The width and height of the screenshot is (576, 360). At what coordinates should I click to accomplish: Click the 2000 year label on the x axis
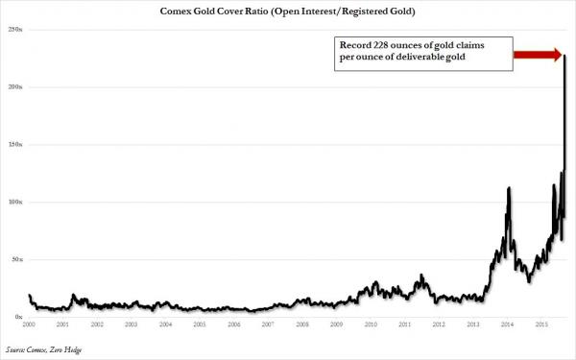[30, 326]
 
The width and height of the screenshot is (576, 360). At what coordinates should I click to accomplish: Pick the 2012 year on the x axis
[438, 326]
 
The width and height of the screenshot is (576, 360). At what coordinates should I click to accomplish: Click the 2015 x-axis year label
[540, 326]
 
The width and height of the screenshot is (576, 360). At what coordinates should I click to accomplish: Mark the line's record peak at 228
[564, 56]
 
